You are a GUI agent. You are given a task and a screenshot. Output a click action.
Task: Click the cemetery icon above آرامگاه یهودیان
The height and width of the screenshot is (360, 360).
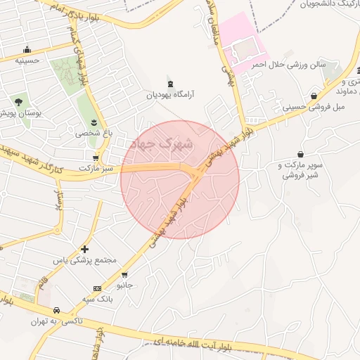169,82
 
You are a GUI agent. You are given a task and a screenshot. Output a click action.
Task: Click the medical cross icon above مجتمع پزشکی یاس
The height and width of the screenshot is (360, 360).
85,249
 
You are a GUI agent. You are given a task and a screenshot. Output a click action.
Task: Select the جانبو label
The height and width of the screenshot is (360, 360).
124,285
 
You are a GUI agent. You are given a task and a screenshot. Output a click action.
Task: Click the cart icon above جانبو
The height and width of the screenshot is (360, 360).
125,275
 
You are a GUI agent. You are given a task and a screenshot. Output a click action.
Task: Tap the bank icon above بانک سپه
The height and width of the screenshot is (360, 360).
97,288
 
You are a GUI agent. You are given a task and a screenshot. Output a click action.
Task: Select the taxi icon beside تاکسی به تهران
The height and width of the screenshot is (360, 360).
54,310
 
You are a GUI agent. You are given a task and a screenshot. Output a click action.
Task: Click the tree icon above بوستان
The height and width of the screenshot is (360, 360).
18,103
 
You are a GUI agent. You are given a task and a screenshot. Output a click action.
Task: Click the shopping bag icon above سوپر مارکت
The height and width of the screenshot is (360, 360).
301,154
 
